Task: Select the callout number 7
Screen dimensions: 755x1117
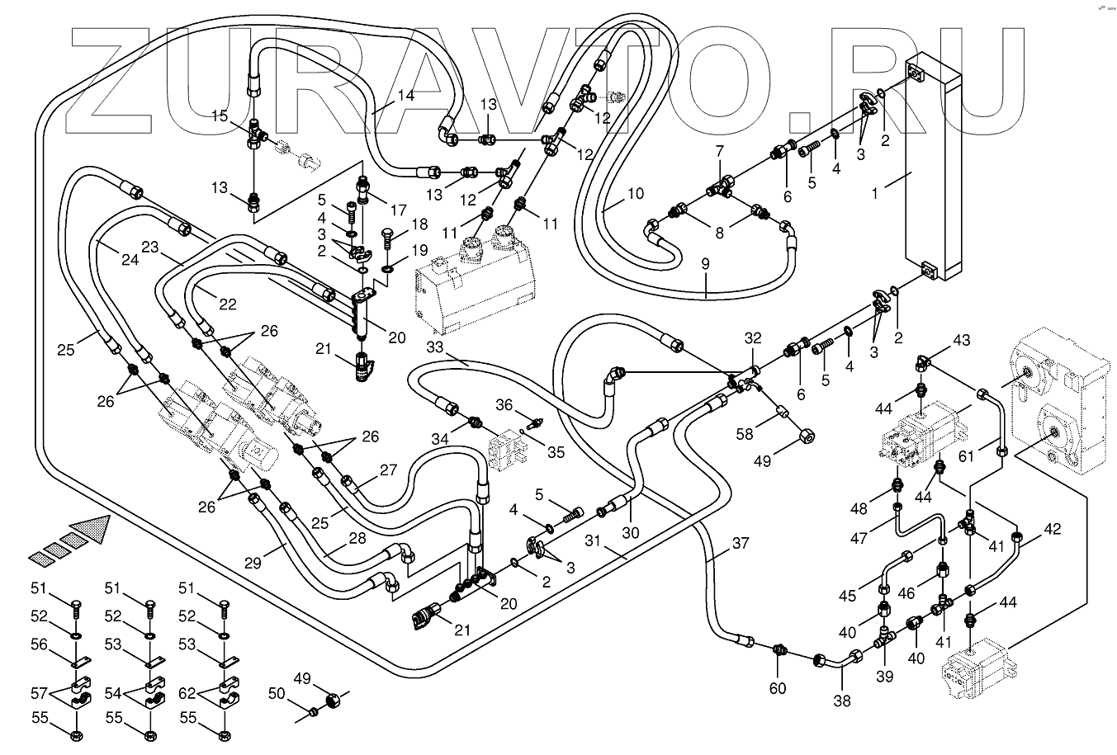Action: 719,151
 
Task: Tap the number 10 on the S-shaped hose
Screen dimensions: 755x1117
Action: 634,195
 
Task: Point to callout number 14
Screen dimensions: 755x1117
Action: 405,96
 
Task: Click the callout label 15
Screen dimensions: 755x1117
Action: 219,116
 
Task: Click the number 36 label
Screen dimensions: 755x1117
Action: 504,404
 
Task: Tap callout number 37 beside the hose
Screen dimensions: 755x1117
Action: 741,543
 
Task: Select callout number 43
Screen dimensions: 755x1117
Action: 962,340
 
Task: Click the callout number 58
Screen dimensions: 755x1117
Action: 745,433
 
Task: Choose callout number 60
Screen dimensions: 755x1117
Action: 778,688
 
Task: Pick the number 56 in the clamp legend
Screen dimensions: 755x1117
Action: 40,645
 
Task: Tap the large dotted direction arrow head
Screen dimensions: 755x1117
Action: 92,528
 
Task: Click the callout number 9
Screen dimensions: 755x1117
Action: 705,265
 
